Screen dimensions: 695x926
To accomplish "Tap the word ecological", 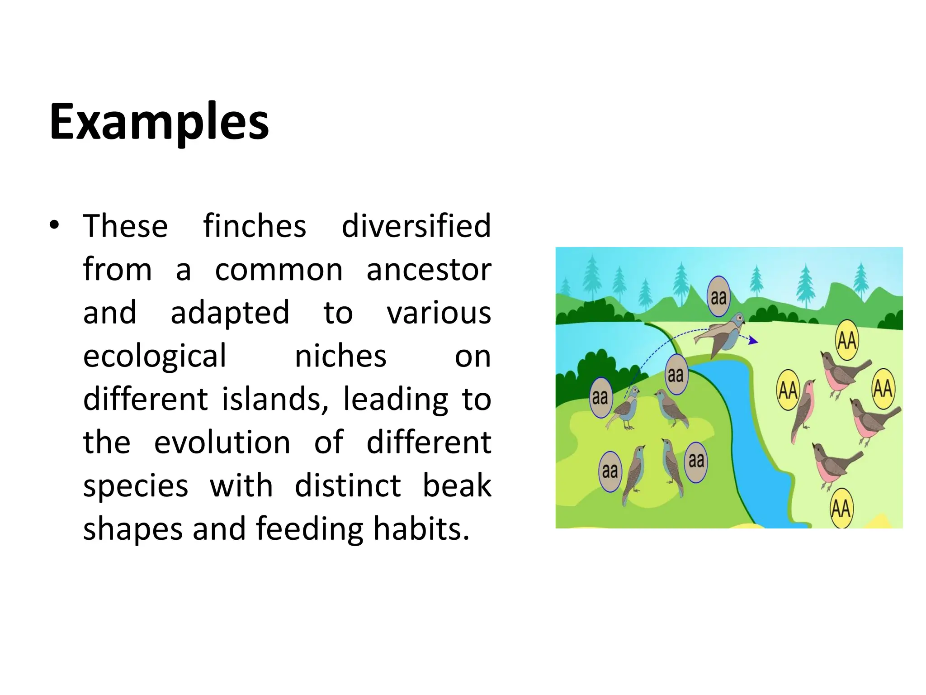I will point(155,356).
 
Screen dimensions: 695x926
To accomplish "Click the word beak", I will point(457,486).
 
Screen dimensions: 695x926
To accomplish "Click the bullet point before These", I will point(55,225).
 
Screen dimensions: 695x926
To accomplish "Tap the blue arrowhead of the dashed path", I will point(753,340).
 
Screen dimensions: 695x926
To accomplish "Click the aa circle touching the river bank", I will point(676,374).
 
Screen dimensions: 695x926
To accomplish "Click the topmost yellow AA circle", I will point(846,340).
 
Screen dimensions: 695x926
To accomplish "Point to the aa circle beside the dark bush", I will point(600,397).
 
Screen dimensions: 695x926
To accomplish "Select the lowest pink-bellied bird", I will point(833,465).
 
